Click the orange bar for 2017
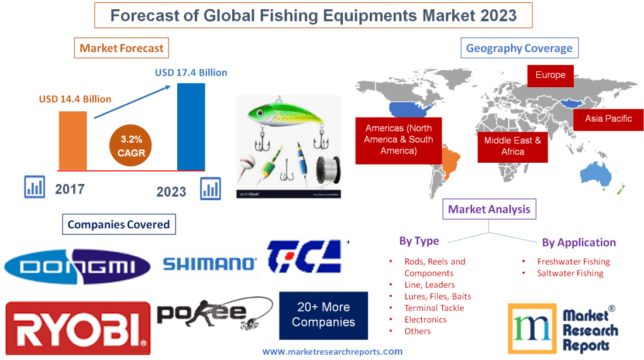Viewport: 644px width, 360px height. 73,140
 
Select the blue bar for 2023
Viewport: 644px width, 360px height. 191,126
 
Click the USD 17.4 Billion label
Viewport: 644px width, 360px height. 191,73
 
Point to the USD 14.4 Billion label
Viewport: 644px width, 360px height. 75,99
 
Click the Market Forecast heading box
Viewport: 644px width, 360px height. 122,48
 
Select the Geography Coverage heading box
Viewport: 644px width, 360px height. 519,48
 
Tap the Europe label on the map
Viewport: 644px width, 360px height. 550,75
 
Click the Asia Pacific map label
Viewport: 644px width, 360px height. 608,118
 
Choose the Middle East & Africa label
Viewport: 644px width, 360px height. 512,146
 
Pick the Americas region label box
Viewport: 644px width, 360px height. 398,139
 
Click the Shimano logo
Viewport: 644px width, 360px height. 210,264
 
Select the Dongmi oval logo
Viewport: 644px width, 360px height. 77,266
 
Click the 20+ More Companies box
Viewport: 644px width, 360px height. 323,315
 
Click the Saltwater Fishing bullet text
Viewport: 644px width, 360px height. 570,273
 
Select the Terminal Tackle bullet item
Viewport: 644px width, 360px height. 434,308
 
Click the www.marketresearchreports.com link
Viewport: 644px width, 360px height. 332,352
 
